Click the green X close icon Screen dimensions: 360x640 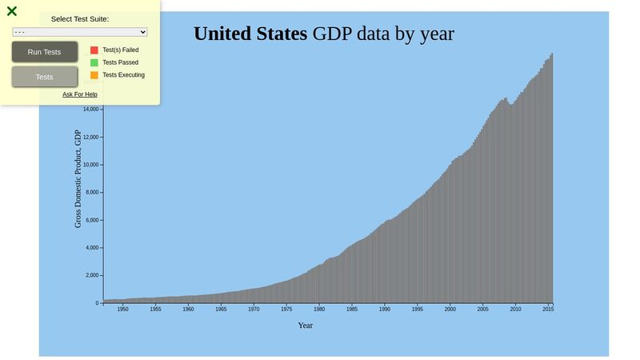pyautogui.click(x=12, y=11)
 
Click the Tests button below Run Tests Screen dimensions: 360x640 pyautogui.click(x=45, y=77)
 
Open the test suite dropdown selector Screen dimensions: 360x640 pyautogui.click(x=80, y=32)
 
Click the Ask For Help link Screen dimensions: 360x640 pyautogui.click(x=80, y=94)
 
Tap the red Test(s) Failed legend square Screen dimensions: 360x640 pyautogui.click(x=94, y=50)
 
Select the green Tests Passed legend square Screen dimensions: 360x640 pyautogui.click(x=94, y=62)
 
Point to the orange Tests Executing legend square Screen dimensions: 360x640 pyautogui.click(x=94, y=75)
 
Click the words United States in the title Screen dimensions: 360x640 pyautogui.click(x=250, y=34)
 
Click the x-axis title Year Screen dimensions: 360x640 pyautogui.click(x=306, y=326)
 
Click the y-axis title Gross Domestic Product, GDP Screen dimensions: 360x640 pyautogui.click(x=78, y=178)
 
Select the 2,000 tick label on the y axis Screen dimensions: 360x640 pyautogui.click(x=90, y=275)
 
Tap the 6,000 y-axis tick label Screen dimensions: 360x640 pyautogui.click(x=90, y=220)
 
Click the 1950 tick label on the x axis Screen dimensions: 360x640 pyautogui.click(x=122, y=309)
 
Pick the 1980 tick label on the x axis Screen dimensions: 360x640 pyautogui.click(x=319, y=309)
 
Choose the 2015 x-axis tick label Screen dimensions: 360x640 pyautogui.click(x=548, y=309)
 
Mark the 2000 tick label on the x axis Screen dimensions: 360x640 pyautogui.click(x=450, y=309)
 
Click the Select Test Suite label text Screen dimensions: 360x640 pyautogui.click(x=80, y=18)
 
